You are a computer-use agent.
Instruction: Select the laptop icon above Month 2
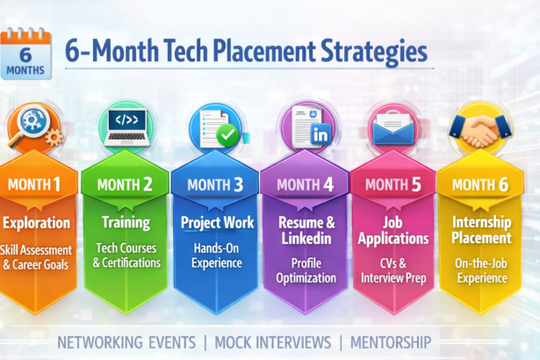point(125,125)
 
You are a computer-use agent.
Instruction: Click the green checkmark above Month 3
point(226,134)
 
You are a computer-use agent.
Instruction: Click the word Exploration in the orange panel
point(36,222)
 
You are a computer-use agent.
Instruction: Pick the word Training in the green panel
point(126,222)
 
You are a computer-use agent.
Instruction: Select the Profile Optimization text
point(306,270)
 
